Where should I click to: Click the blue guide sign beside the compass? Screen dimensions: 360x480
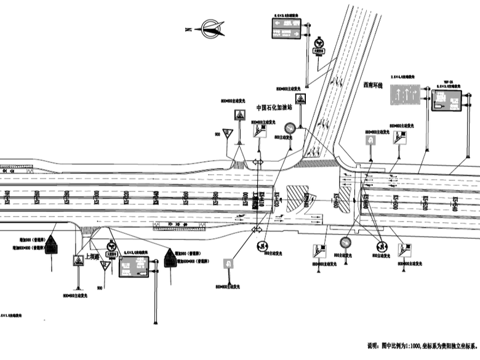tap(287, 27)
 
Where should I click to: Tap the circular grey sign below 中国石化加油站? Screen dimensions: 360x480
tap(289, 129)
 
